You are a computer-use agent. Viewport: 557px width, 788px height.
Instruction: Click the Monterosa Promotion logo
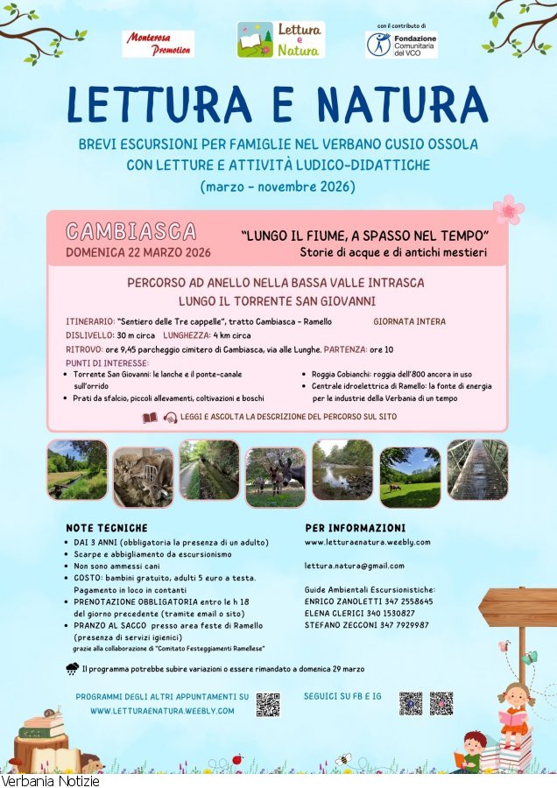click(158, 44)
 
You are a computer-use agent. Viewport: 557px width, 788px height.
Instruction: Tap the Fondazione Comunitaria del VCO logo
click(401, 45)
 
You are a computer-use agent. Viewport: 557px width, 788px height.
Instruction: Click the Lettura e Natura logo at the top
click(280, 40)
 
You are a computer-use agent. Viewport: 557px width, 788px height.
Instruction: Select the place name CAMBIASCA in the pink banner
click(131, 231)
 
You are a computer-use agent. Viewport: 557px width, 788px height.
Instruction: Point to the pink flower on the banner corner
click(508, 210)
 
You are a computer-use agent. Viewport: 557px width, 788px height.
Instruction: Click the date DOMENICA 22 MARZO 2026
click(138, 253)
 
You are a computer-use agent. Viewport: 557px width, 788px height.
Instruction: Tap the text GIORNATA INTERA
click(409, 321)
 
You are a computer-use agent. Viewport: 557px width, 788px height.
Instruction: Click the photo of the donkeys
click(276, 477)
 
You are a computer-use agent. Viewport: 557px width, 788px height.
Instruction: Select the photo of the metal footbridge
click(478, 469)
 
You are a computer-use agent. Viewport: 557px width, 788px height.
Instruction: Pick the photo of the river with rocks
click(342, 469)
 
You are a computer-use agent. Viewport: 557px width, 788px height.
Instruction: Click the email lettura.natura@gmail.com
click(355, 566)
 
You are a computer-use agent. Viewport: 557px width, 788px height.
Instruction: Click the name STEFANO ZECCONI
click(342, 625)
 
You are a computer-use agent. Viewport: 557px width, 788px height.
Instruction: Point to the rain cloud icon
click(72, 669)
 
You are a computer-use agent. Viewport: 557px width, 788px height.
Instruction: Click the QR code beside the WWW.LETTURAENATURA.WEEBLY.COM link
click(268, 704)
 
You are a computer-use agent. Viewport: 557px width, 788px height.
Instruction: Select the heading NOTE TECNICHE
click(107, 528)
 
